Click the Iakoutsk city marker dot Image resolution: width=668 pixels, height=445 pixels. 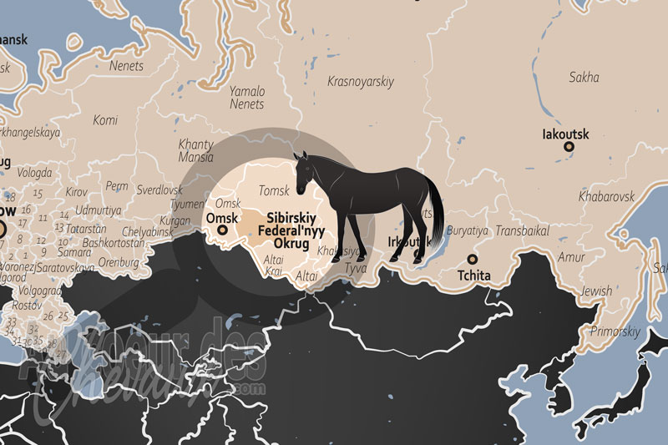(x=569, y=147)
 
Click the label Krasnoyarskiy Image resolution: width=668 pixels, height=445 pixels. (x=361, y=81)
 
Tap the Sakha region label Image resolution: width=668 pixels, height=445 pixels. (x=584, y=78)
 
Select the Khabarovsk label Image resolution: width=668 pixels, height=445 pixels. (x=606, y=196)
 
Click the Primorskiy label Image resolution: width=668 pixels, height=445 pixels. (x=615, y=331)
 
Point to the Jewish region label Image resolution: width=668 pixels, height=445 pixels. (x=596, y=291)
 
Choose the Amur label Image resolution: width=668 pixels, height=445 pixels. (x=571, y=257)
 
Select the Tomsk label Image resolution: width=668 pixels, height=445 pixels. (x=274, y=190)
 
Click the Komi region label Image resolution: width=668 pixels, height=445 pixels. (x=105, y=120)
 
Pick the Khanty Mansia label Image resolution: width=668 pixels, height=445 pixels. (x=195, y=150)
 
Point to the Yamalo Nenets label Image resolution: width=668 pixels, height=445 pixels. (x=247, y=98)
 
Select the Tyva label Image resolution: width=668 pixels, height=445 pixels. (x=355, y=268)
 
